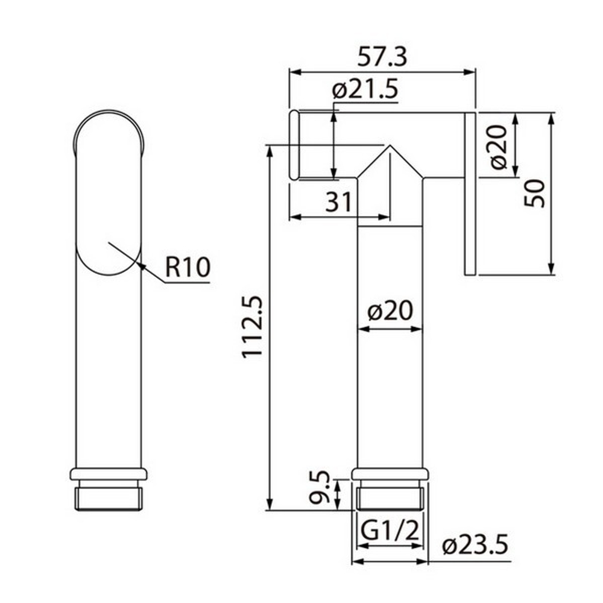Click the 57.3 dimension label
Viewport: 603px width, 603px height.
383,58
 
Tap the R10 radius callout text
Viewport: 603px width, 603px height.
187,267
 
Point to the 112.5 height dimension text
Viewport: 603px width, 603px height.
252,326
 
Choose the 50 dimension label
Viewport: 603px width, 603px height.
534,193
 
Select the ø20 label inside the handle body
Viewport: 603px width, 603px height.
390,311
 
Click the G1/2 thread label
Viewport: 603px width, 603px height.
390,532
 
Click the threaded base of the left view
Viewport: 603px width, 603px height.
109,497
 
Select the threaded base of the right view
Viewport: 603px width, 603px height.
390,497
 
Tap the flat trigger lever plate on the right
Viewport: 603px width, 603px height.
470,193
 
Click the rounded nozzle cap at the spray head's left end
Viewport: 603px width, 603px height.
294,145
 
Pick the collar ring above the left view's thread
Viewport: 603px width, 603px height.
109,473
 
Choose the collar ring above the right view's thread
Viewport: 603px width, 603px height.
390,473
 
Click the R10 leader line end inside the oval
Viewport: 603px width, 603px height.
109,242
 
